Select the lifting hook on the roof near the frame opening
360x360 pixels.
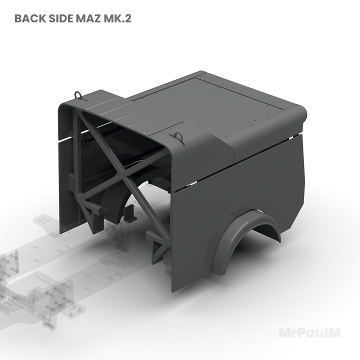pos(176,138)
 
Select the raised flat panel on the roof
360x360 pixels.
pos(240,100)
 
